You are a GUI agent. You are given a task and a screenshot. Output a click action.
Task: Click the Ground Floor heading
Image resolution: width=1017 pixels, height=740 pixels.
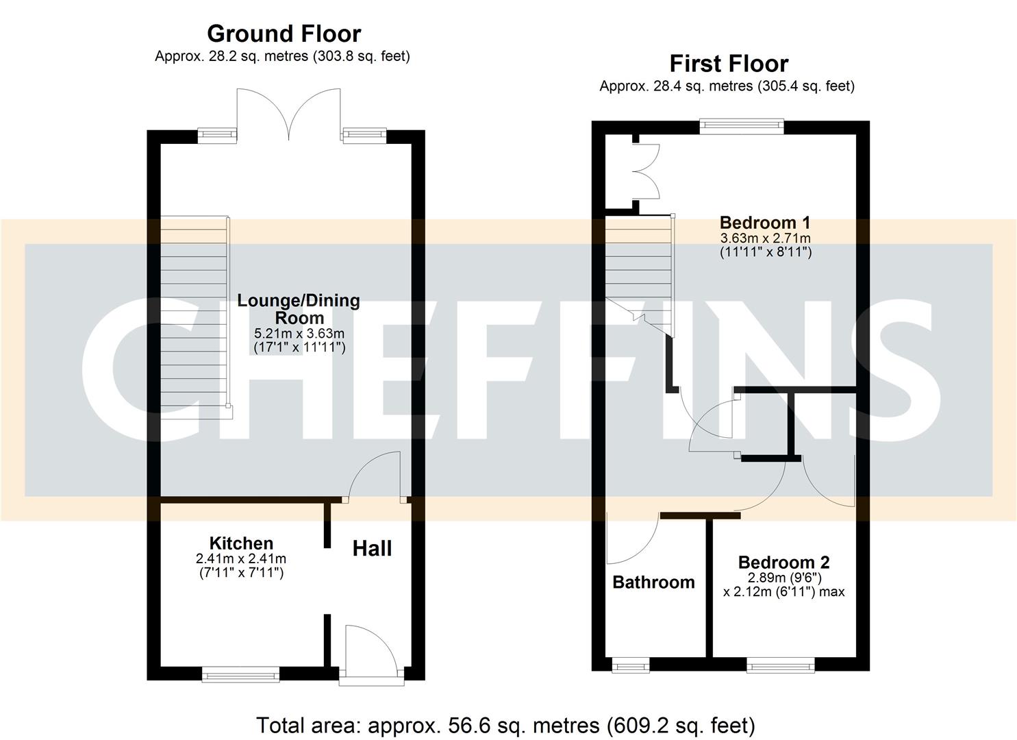pos(284,34)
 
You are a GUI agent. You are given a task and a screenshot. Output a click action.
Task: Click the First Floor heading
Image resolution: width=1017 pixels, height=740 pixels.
pos(729,64)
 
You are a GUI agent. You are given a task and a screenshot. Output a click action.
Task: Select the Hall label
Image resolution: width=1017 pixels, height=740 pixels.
pos(372,548)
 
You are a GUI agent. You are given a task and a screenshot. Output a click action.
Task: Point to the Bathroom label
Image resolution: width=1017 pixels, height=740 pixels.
pos(653,582)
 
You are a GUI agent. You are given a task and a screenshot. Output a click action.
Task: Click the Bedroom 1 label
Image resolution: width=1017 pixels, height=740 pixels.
pos(765,223)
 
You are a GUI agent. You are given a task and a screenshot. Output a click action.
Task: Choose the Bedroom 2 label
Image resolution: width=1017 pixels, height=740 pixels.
pos(783,563)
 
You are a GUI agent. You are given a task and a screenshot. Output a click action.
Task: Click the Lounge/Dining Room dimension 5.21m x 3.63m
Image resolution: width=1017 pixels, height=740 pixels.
pos(299,334)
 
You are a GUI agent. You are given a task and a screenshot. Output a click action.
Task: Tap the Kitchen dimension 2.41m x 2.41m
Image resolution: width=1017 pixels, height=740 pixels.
pos(241,559)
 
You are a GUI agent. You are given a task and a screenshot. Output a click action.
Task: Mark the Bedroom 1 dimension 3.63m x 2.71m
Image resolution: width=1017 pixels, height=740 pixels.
pos(765,238)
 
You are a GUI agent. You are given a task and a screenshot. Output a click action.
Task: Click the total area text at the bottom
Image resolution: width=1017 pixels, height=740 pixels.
pos(505,725)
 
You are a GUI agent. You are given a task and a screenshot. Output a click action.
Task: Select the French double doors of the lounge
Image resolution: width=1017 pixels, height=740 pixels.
pos(288,114)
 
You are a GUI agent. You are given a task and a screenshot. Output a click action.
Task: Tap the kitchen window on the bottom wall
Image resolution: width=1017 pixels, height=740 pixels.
pos(240,676)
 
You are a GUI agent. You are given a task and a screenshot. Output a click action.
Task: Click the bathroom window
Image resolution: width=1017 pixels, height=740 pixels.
pos(629,665)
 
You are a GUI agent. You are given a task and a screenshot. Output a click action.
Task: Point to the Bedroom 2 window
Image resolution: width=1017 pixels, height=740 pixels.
pos(780,665)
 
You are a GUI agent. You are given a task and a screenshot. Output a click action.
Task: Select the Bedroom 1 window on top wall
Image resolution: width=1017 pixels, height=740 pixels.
pos(742,125)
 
